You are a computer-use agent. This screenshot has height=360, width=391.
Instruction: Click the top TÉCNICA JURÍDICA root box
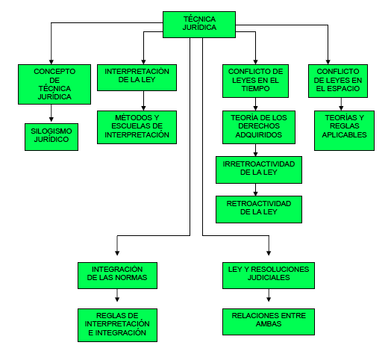click(x=199, y=25)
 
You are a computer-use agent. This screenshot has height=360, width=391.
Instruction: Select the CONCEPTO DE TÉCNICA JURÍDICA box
click(x=54, y=84)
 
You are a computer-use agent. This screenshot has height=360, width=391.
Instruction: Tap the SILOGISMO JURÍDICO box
click(x=51, y=137)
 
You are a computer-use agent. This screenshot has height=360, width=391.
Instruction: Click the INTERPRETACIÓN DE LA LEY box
click(x=137, y=78)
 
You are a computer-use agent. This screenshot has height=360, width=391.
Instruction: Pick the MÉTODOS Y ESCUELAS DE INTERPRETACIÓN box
click(x=137, y=127)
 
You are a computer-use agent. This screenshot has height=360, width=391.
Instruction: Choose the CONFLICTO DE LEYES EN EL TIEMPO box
click(x=256, y=81)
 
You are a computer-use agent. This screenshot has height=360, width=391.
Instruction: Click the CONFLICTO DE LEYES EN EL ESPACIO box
click(x=338, y=81)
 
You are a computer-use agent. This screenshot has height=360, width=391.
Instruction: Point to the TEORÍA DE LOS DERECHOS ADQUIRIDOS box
click(x=259, y=127)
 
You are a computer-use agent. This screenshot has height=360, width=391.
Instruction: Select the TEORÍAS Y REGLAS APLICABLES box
click(x=345, y=131)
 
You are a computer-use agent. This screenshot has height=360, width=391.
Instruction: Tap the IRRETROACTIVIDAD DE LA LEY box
click(x=259, y=170)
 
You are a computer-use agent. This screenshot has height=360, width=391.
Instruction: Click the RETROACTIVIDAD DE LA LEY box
click(x=259, y=209)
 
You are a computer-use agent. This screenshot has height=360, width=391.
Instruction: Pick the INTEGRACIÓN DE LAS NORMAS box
click(x=117, y=276)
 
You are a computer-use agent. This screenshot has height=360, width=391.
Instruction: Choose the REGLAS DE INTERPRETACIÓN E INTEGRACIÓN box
click(x=117, y=325)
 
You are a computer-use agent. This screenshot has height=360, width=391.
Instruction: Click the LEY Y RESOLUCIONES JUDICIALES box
click(x=269, y=276)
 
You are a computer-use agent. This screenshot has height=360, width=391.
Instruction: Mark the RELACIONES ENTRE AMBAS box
click(x=269, y=322)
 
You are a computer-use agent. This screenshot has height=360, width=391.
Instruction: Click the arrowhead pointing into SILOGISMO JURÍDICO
click(x=51, y=120)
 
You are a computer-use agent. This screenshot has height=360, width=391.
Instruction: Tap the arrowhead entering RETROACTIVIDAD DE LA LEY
click(x=256, y=193)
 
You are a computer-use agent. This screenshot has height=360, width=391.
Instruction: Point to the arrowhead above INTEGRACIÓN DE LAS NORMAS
click(x=117, y=253)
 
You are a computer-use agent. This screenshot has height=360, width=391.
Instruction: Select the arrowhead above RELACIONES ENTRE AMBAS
click(x=269, y=299)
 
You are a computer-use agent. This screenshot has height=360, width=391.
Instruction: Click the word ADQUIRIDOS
click(x=259, y=134)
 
